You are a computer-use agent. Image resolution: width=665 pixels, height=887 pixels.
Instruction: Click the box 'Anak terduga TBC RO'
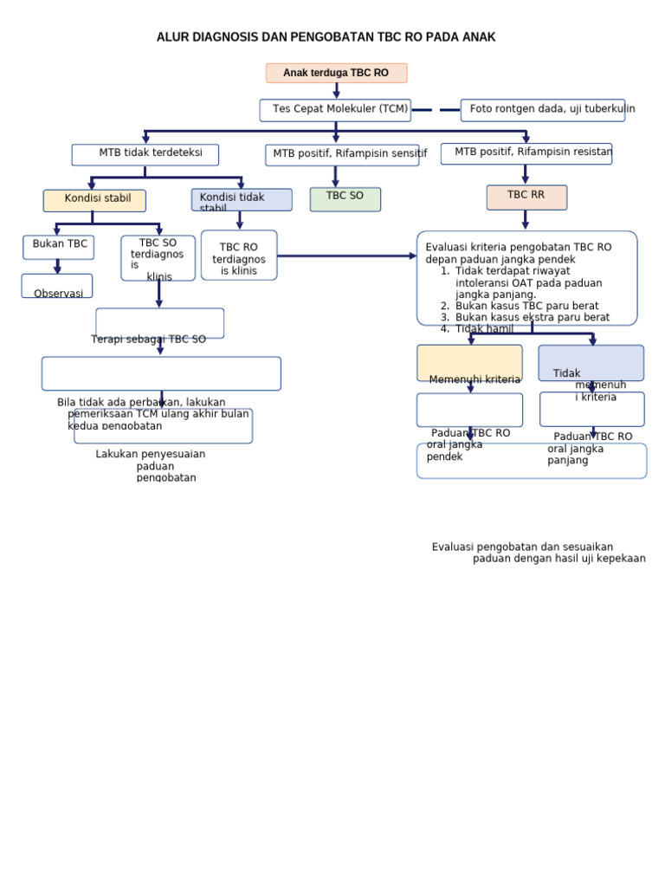(336, 73)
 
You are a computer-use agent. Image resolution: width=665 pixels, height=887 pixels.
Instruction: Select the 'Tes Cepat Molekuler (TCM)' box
(335, 109)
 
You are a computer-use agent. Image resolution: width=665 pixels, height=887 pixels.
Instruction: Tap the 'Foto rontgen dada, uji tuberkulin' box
(543, 109)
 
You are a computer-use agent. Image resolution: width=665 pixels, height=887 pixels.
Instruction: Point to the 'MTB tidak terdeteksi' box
(145, 154)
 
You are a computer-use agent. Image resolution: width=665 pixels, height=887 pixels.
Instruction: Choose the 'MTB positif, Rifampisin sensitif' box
(342, 154)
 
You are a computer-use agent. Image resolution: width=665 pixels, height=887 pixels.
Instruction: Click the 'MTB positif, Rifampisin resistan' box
(526, 153)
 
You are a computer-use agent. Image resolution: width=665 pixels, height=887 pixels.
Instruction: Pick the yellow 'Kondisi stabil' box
(94, 200)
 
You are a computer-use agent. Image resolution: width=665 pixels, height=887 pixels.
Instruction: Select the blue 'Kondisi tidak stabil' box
(241, 199)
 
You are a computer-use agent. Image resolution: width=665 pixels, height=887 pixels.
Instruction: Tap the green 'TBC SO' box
(345, 198)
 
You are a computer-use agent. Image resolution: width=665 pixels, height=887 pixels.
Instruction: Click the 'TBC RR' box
(526, 197)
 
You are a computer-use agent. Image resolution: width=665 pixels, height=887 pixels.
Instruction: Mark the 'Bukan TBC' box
(59, 246)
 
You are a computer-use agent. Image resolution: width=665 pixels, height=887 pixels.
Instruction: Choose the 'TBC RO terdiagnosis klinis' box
(239, 256)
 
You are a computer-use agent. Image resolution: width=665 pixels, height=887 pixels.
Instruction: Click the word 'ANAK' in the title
(479, 37)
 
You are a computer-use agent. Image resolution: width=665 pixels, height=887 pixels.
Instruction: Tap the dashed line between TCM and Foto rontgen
(436, 110)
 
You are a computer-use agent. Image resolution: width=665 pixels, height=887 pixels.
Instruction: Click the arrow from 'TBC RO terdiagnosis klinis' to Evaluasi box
(346, 256)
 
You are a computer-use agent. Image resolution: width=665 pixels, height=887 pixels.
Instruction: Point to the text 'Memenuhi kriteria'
(475, 379)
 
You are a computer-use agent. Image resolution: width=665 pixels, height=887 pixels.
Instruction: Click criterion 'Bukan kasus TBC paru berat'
(526, 306)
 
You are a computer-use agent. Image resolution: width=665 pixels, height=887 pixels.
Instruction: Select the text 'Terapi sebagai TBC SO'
(149, 340)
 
